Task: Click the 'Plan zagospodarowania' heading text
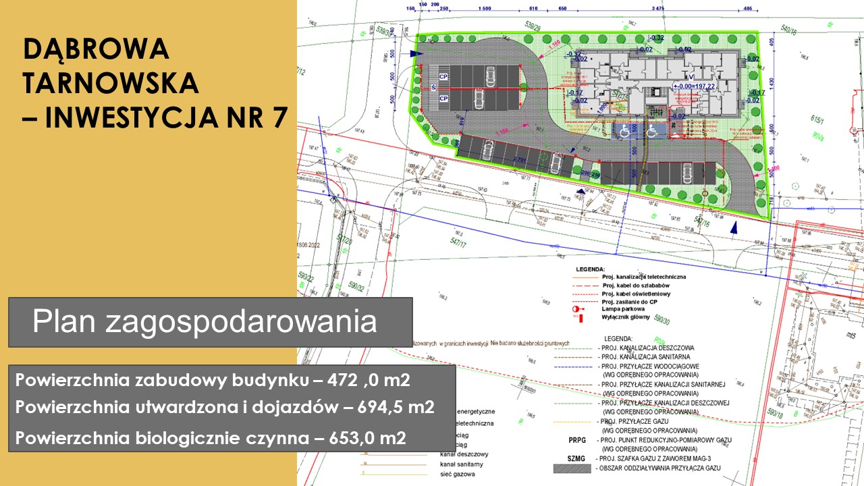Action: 205,322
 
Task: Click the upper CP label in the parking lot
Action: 443,77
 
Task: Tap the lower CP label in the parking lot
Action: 443,99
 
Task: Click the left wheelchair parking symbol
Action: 625,133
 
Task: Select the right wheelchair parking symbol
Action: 651,133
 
